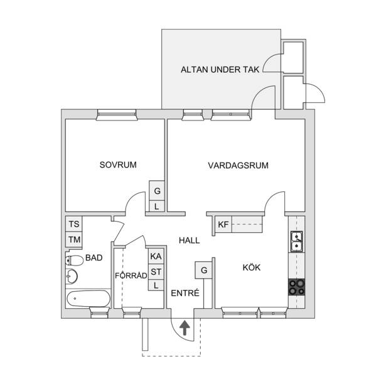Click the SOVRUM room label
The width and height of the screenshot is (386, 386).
click(118, 164)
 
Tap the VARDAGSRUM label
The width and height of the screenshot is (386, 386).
click(238, 166)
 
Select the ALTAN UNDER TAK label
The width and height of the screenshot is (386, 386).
click(220, 70)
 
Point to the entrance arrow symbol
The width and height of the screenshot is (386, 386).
click(185, 328)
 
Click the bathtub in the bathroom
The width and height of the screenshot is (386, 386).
click(88, 298)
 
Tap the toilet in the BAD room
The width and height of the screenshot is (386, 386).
click(74, 260)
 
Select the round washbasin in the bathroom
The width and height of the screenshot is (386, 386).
click(72, 276)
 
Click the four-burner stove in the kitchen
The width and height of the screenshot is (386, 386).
click(296, 287)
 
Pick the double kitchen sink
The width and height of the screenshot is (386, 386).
click(297, 241)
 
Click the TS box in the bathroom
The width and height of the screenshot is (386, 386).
click(74, 224)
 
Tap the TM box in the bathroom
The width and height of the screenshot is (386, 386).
click(74, 240)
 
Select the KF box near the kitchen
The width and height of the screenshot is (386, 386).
click(223, 225)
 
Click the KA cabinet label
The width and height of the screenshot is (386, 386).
click(156, 256)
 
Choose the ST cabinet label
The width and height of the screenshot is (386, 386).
click(156, 272)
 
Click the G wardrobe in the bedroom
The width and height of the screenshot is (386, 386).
click(157, 191)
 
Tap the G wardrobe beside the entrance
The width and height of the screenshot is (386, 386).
click(203, 270)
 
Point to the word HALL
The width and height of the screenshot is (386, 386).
click(190, 240)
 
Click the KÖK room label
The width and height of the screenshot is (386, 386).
click(251, 267)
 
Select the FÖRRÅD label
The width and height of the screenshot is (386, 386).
click(131, 276)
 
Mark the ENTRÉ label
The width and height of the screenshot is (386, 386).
click(185, 293)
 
